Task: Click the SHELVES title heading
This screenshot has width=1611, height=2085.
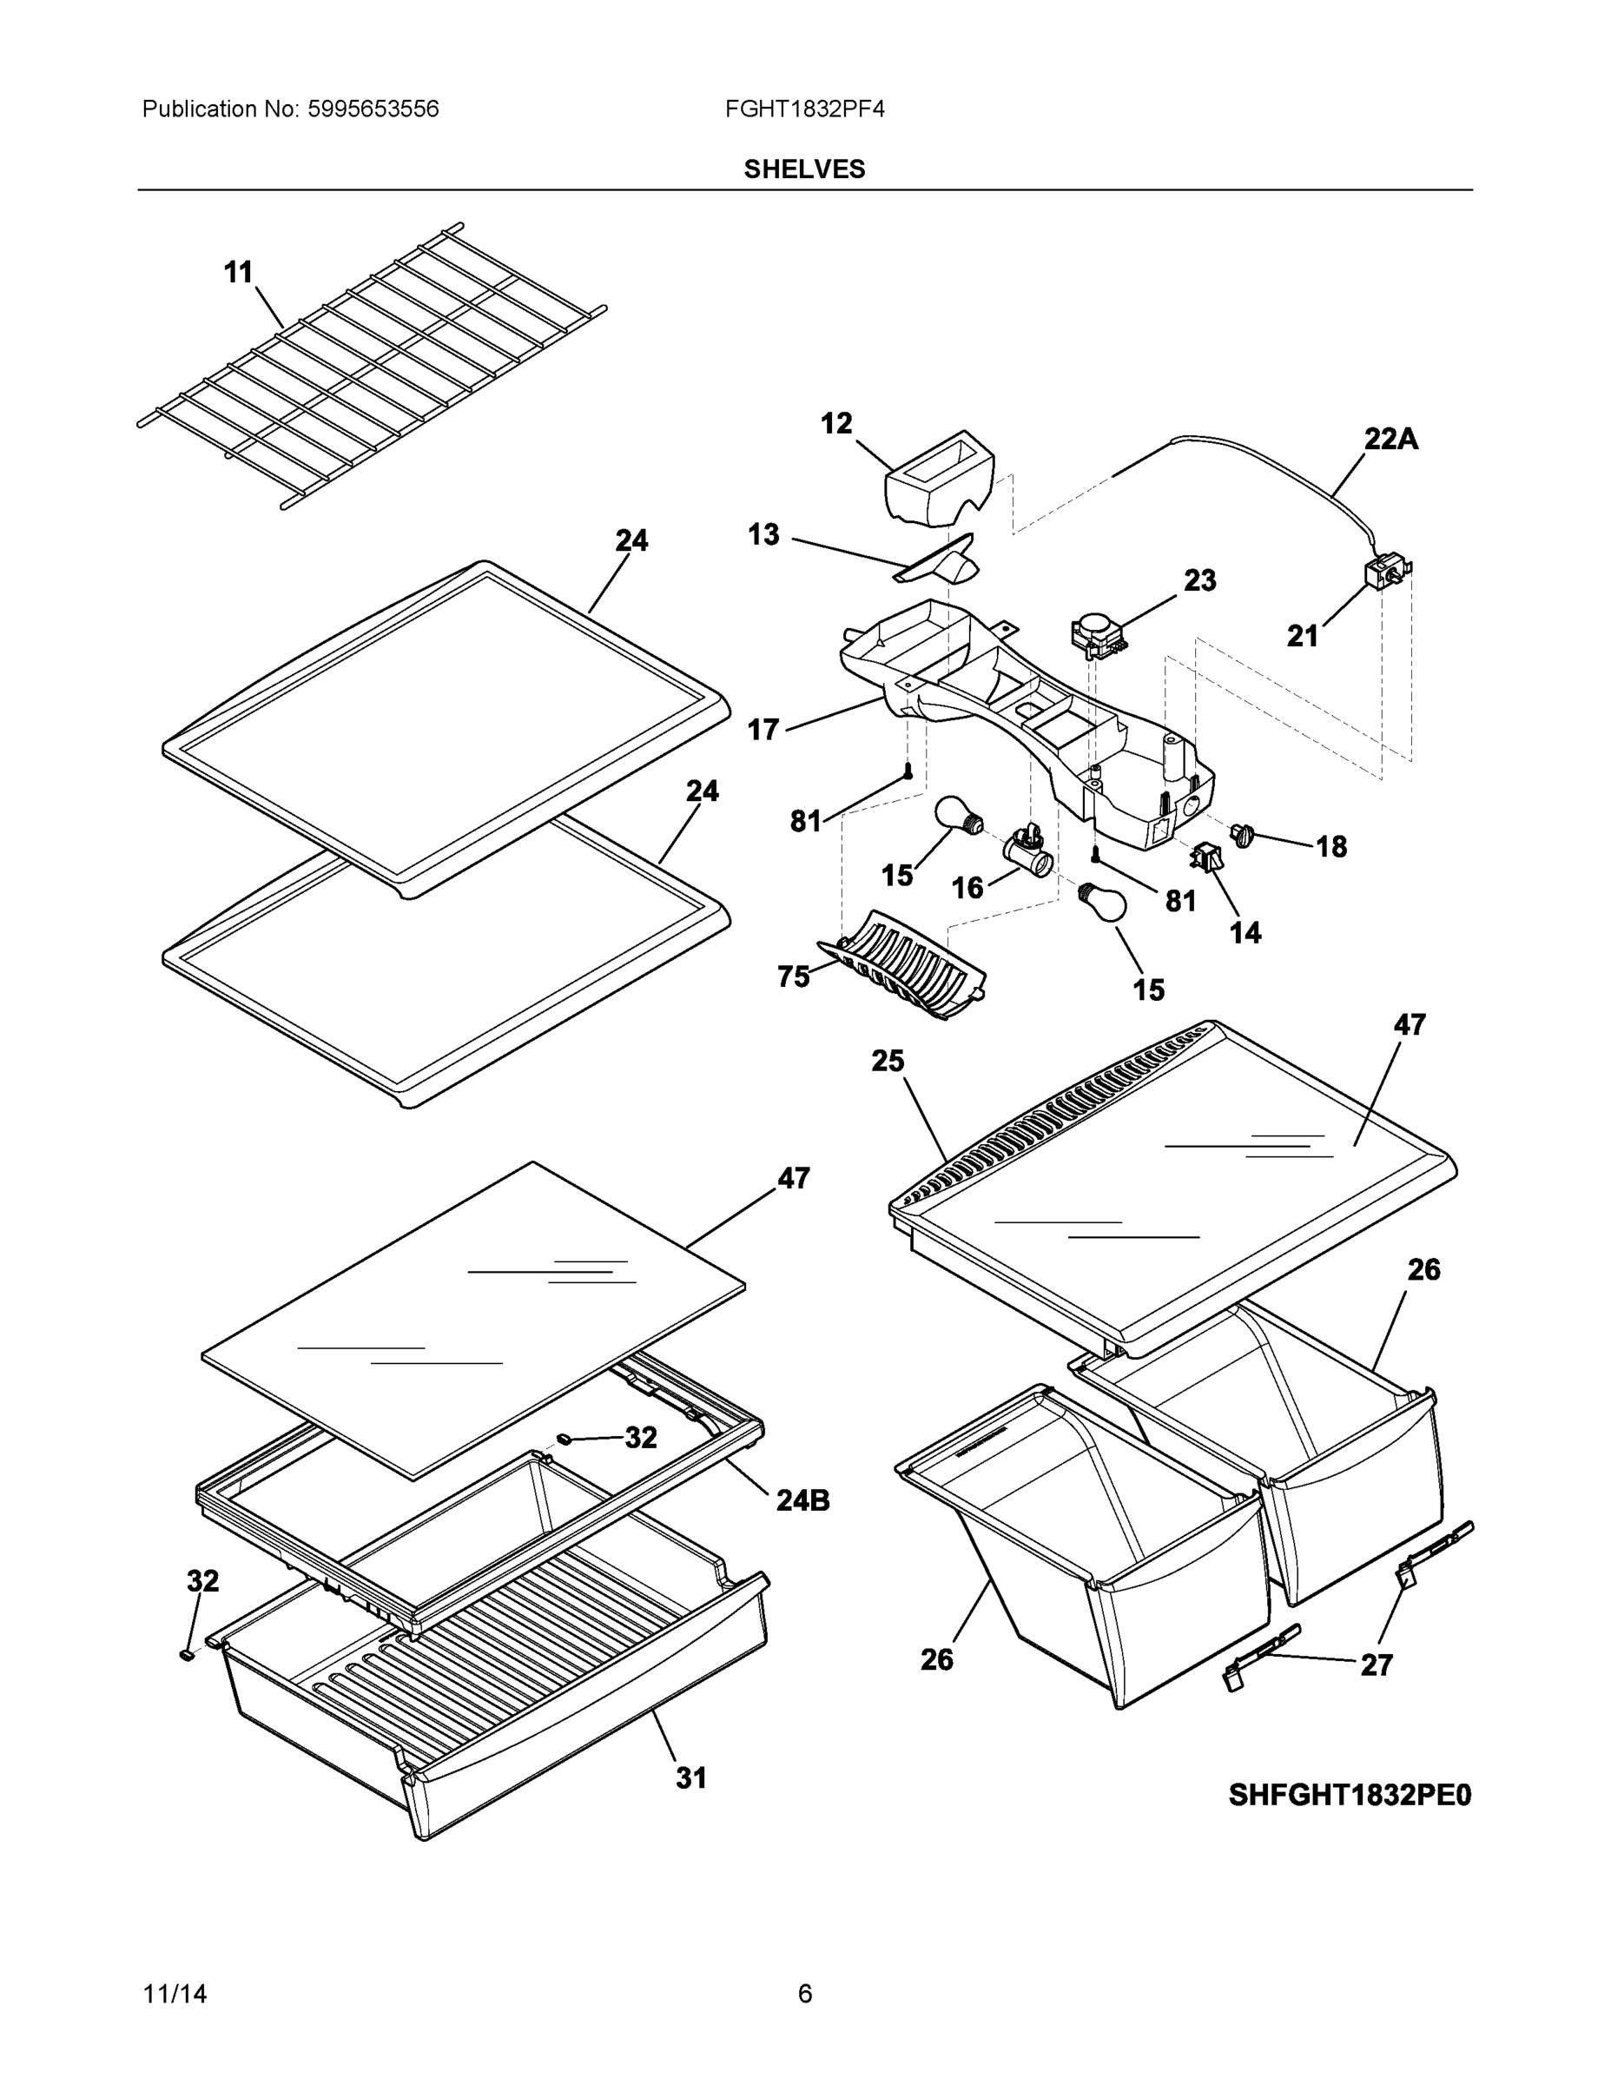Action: click(803, 169)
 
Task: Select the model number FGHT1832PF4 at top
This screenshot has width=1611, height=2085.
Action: click(803, 109)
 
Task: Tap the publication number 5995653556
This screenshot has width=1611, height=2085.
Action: click(373, 109)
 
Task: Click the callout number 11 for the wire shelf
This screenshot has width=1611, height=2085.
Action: click(238, 272)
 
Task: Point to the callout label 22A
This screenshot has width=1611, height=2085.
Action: click(1390, 439)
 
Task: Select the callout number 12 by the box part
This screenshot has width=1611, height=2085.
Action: click(836, 423)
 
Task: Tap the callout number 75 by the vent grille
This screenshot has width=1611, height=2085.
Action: click(793, 976)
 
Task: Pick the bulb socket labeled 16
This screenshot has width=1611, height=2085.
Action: click(1030, 851)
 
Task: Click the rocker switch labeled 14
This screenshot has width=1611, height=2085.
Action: click(1205, 857)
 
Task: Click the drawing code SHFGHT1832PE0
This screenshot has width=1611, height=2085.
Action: click(1350, 1796)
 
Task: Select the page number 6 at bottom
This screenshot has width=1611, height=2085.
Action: click(804, 1994)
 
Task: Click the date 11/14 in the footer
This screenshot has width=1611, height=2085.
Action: click(175, 1994)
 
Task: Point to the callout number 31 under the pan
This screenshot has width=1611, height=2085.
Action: click(691, 1777)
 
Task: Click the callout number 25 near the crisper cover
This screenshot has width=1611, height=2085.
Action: click(887, 1061)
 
